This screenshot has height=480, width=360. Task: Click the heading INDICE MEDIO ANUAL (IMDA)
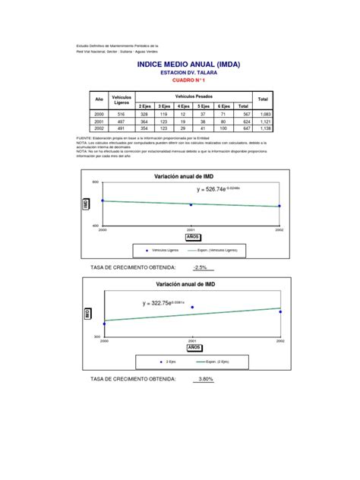pyautogui.click(x=188, y=65)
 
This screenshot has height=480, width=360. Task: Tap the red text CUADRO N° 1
pyautogui.click(x=189, y=80)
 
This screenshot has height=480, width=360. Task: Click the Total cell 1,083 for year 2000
pyautogui.click(x=263, y=113)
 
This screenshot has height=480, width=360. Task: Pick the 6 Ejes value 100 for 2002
pyautogui.click(x=223, y=129)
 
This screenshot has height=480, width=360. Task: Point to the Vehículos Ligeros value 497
pyautogui.click(x=122, y=122)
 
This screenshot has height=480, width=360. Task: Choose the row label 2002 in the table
pyautogui.click(x=98, y=129)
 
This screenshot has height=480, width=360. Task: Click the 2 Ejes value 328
pyautogui.click(x=144, y=113)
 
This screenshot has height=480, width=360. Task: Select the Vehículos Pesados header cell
pyautogui.click(x=194, y=96)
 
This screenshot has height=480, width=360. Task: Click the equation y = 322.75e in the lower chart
pyautogui.click(x=164, y=303)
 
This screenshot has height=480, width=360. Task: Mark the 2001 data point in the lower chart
pyautogui.click(x=192, y=307)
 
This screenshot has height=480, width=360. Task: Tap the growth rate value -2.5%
pyautogui.click(x=200, y=267)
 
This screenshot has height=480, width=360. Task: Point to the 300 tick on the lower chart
pyautogui.click(x=96, y=336)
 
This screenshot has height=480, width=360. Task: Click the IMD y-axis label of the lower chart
pyautogui.click(x=88, y=313)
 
